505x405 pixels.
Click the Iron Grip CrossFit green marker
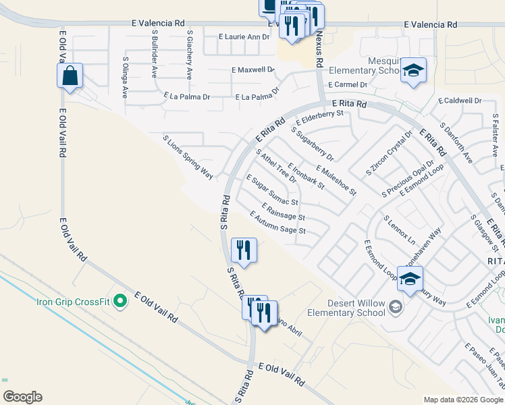121,300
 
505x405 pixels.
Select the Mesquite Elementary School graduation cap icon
413,71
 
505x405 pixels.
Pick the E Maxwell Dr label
253,70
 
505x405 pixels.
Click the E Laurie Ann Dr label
244,36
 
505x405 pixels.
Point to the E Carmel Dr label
347,85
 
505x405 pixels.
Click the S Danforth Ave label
457,140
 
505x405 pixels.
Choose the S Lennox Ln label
399,230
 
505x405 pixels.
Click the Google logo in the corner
22,397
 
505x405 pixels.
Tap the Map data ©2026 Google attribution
463,400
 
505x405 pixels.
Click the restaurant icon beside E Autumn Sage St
244,250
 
